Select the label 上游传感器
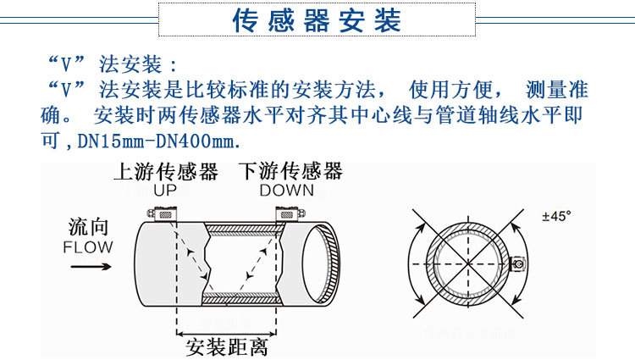pyautogui.click(x=165, y=172)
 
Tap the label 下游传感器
pyautogui.click(x=290, y=172)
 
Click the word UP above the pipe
pyautogui.click(x=165, y=191)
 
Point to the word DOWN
pyautogui.click(x=286, y=191)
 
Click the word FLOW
pyautogui.click(x=88, y=247)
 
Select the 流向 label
pyautogui.click(x=88, y=228)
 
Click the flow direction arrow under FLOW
pyautogui.click(x=89, y=266)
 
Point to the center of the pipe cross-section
pyautogui.click(x=468, y=263)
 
